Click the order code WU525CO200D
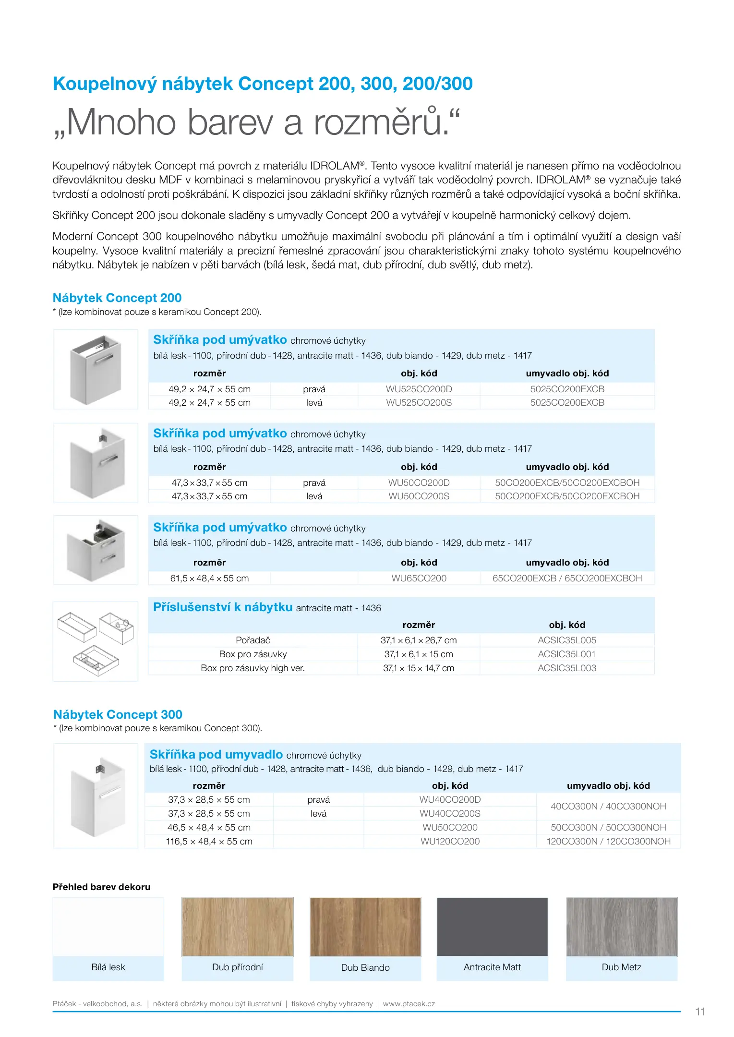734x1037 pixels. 419,389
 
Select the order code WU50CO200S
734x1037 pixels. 419,496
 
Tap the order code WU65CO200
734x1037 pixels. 419,578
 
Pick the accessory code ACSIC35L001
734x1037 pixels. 566,654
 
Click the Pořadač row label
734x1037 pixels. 253,640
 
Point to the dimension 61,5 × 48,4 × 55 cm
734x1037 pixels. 209,578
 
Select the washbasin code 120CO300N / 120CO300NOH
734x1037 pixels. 608,841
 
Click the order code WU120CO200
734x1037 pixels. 450,841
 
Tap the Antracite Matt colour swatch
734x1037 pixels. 492,927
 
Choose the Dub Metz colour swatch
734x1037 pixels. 621,927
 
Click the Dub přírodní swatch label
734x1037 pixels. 237,967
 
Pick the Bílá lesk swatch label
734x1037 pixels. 108,967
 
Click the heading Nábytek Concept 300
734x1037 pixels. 118,714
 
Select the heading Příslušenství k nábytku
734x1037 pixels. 223,607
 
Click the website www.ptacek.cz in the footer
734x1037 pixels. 409,1003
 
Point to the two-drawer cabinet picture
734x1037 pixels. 96,550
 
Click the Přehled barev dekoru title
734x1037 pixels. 101,887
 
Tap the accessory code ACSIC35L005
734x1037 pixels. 566,640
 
